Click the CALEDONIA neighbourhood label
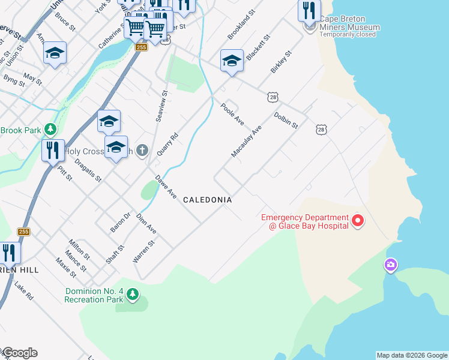pyautogui.click(x=207, y=199)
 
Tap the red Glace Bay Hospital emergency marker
pyautogui.click(x=358, y=221)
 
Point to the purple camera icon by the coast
pyautogui.click(x=391, y=265)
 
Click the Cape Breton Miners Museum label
pyautogui.click(x=349, y=27)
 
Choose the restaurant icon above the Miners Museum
pyautogui.click(x=309, y=10)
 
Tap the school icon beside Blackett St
pyautogui.click(x=232, y=61)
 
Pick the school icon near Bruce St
pyautogui.click(x=55, y=53)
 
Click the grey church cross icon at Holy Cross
pyautogui.click(x=142, y=150)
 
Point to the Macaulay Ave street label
pyautogui.click(x=247, y=142)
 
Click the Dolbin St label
pyautogui.click(x=286, y=120)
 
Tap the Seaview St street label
pyautogui.click(x=161, y=106)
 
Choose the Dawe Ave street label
pyautogui.click(x=166, y=187)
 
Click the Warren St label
pyautogui.click(x=143, y=251)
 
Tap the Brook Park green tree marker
pyautogui.click(x=50, y=129)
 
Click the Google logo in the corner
pyautogui.click(x=19, y=353)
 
